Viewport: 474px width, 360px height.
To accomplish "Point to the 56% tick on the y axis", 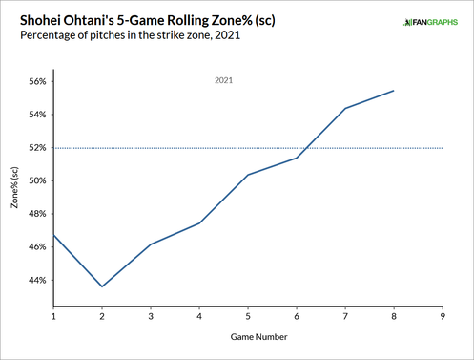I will point(35,81).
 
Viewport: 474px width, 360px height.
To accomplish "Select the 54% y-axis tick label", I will point(35,115).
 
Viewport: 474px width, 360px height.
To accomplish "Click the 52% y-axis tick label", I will point(35,148).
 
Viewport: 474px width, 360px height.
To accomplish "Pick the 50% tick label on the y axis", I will point(35,180).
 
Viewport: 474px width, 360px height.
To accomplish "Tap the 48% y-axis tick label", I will point(35,214).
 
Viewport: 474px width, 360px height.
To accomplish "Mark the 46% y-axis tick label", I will point(35,247).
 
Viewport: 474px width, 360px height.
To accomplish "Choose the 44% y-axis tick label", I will point(35,281).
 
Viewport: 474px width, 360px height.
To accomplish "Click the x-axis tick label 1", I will point(53,315).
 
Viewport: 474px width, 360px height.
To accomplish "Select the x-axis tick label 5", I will point(248,315).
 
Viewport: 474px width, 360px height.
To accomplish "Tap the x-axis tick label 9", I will point(443,315).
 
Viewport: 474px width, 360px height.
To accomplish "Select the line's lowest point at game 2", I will point(102,286).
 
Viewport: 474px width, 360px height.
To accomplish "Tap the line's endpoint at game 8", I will point(394,91).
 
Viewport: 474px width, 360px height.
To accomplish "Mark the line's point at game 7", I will point(345,108).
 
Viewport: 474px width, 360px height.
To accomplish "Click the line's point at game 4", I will point(199,223).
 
